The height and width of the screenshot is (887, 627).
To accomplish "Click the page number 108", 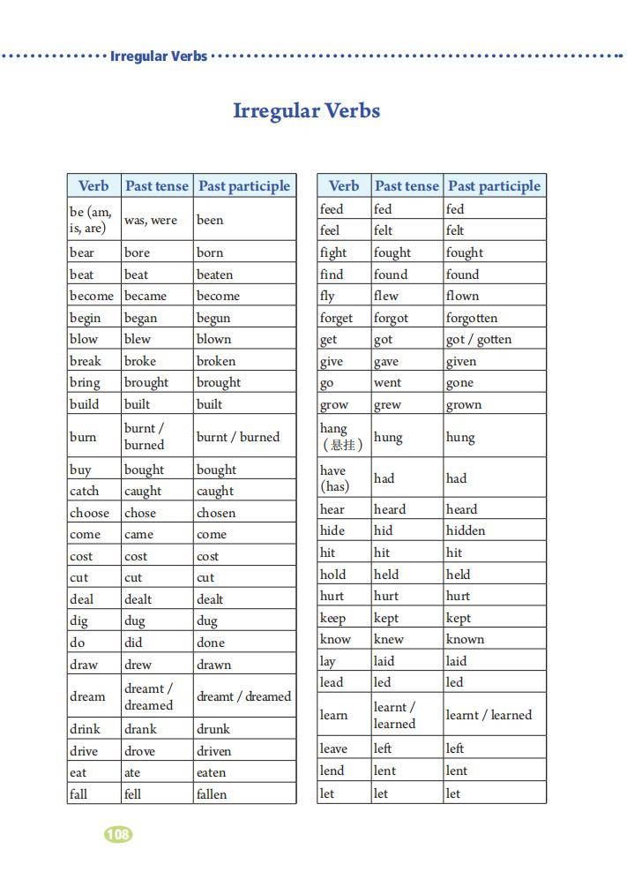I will (x=118, y=834).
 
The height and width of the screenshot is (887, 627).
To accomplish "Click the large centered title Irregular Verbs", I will (x=306, y=111).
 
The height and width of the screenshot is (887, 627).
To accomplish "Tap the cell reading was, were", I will (x=150, y=220).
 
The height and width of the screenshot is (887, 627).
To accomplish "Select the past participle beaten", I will (x=214, y=274).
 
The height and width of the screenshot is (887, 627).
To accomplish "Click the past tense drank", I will (x=140, y=729).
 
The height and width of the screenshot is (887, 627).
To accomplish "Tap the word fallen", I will (x=212, y=794).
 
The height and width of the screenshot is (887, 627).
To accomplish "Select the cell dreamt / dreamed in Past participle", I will (x=243, y=696).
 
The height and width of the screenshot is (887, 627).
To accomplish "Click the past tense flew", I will (x=386, y=296).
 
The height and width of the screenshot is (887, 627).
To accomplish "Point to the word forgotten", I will (x=472, y=318).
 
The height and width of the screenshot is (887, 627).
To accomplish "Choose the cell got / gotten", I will (x=479, y=339).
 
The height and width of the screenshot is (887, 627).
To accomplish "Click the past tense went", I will (x=387, y=383).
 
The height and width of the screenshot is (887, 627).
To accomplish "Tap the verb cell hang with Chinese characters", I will (x=341, y=437).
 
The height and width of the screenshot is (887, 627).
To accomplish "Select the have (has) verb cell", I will (x=334, y=478).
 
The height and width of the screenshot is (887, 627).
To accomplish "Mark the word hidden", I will (x=466, y=530).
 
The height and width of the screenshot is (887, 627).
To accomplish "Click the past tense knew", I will (x=389, y=639).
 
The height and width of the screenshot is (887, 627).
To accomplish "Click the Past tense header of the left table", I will (x=157, y=186).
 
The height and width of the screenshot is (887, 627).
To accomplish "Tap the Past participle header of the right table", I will (x=494, y=186).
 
